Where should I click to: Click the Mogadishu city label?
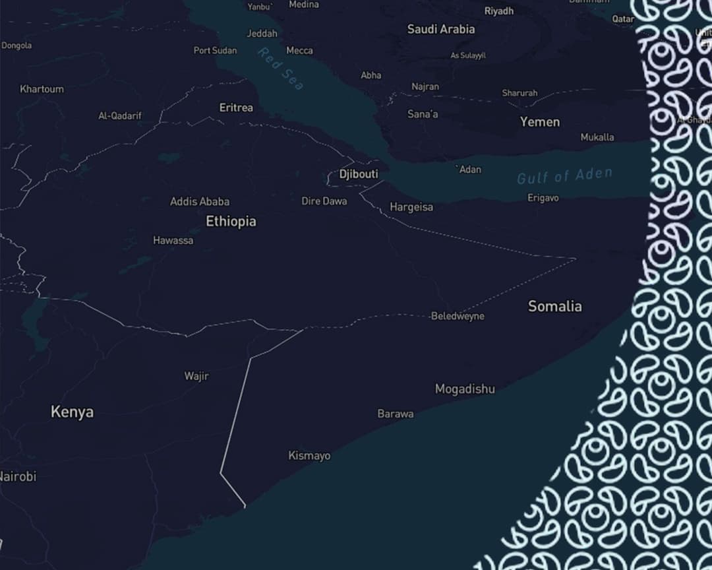coord(465,389)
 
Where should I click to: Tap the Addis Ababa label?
coord(200,201)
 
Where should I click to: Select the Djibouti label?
coord(359,174)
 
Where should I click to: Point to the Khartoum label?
coord(42,89)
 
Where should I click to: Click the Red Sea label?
coord(282,69)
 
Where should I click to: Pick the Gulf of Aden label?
coord(564,175)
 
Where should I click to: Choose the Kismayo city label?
coord(309,456)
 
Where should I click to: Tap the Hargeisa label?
coord(411,207)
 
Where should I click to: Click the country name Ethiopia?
coord(231,222)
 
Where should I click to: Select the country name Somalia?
coord(555,306)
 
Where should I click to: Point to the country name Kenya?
coord(72,412)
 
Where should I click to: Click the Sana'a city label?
coord(423,114)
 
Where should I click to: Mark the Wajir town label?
coord(196,376)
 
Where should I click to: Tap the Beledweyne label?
coord(458,316)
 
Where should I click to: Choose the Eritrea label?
coord(236,108)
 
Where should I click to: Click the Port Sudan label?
coord(215,50)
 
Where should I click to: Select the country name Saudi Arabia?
coord(441,29)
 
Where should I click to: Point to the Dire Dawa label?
coord(324,201)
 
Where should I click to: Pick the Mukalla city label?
coord(597,137)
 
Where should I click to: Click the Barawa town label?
coord(396,414)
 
